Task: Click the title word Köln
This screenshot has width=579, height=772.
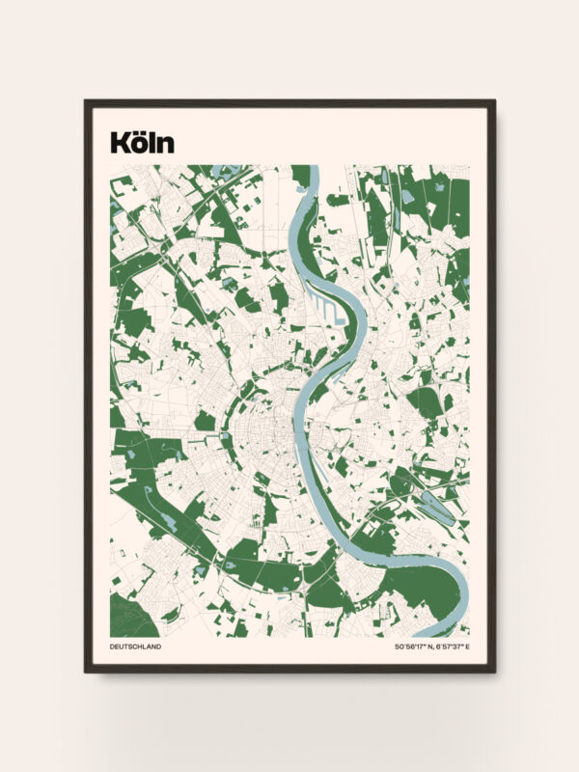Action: tap(142, 143)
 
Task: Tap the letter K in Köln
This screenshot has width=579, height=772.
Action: tap(120, 143)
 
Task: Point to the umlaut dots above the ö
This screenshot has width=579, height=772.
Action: tap(142, 133)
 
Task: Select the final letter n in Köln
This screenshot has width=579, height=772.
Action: tap(166, 146)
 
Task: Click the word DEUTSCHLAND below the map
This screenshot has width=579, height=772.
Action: tap(136, 647)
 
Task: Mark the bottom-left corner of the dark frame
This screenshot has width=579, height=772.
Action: tap(86, 671)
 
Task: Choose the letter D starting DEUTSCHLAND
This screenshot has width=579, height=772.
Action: tap(113, 647)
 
